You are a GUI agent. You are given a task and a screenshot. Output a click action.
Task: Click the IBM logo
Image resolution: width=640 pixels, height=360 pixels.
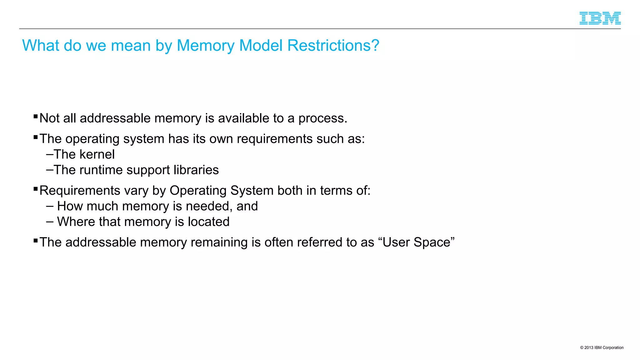(x=600, y=18)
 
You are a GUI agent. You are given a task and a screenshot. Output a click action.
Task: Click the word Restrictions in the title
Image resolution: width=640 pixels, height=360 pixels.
(x=333, y=46)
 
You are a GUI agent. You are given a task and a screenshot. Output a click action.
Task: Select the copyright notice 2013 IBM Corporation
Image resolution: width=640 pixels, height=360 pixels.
(x=602, y=347)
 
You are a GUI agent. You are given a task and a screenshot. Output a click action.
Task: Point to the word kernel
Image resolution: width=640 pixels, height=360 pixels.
(x=97, y=154)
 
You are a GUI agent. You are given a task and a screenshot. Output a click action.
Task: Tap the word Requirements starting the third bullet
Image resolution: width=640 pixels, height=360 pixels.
(x=80, y=191)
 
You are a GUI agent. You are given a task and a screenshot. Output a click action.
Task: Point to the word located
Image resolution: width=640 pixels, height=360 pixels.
(x=208, y=222)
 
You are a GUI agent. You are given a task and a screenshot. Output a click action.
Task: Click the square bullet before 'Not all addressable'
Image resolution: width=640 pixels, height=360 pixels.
(x=36, y=117)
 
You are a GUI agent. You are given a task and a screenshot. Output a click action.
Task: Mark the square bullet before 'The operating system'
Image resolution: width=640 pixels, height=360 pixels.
(x=36, y=137)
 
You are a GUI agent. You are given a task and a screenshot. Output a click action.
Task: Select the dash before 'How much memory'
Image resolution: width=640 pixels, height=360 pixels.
(x=50, y=206)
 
